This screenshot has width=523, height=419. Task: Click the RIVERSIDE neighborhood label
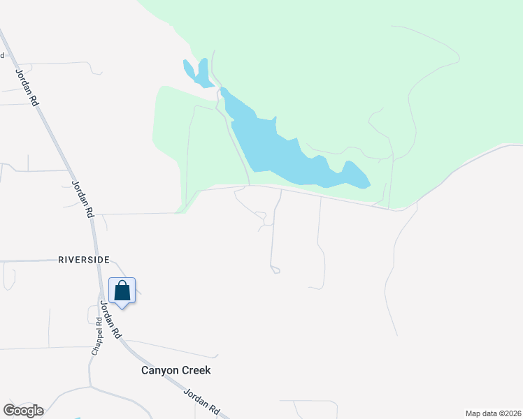[x=84, y=260]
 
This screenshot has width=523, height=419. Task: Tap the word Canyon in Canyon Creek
[x=158, y=371]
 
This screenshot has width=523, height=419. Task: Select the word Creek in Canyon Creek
[x=195, y=371]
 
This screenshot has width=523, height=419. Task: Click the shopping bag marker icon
[x=122, y=291]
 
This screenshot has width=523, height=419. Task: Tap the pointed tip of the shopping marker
[x=122, y=308]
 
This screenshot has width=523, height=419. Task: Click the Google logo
[x=23, y=411]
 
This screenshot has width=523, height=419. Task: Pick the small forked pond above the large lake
[x=198, y=73]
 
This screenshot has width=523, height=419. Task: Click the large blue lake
[x=287, y=150]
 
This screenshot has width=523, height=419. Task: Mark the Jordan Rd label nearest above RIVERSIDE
[x=83, y=199]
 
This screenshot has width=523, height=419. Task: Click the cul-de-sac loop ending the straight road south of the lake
[x=275, y=270]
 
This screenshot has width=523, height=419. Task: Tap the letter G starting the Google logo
[x=9, y=411]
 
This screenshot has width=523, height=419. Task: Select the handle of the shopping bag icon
[x=122, y=286]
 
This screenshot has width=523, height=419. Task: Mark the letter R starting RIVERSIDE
[x=61, y=260]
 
